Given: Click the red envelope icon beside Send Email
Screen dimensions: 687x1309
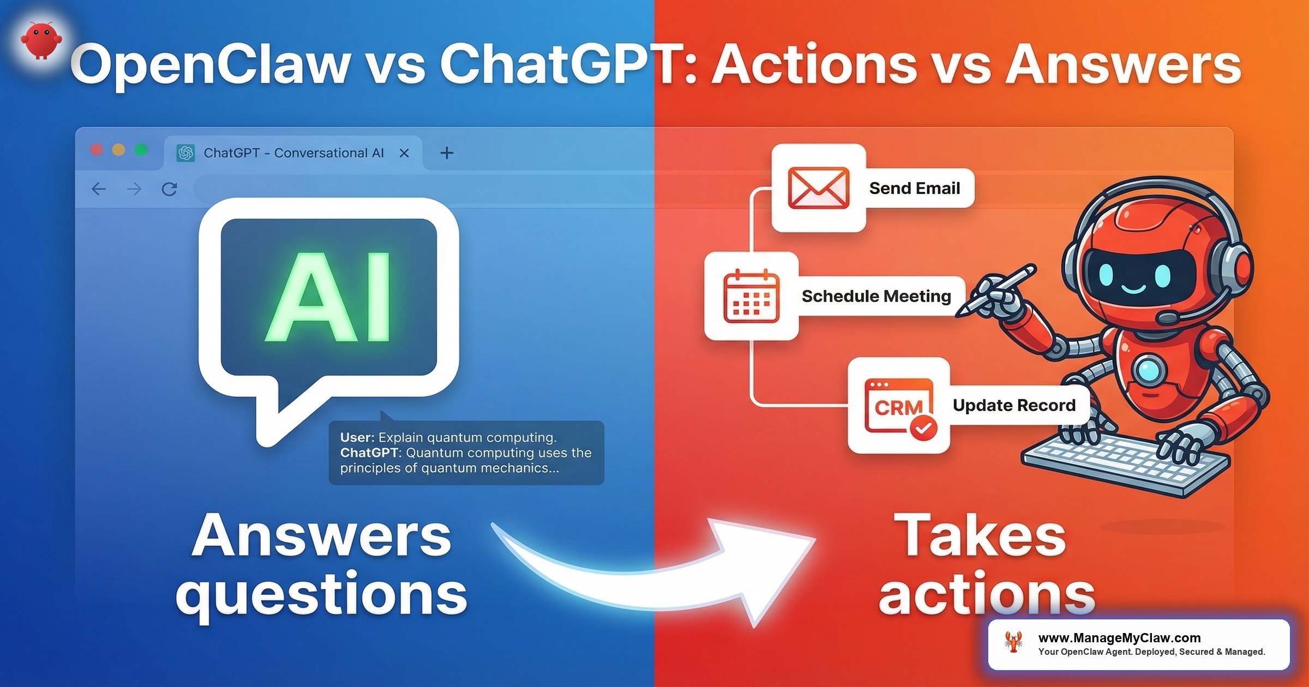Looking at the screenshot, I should pos(818,188).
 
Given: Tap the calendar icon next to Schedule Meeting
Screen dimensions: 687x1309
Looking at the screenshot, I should pos(751,296).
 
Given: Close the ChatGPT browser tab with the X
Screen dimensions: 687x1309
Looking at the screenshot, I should pos(404,153).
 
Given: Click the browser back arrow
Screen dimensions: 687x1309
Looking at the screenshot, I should pos(99,189).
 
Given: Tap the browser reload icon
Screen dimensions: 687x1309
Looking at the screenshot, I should pos(169,189).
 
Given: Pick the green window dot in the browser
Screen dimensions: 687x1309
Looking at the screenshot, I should pos(141,150).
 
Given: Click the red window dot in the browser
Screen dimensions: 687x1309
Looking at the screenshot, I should pos(97,150).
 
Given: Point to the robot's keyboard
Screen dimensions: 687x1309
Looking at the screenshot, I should pos(1124,463).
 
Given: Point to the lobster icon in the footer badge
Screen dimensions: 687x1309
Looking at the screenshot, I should pos(1014,643).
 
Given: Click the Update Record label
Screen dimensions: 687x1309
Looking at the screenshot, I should pos(1014,405).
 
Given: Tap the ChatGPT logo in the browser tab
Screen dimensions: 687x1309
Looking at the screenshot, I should pos(185,153).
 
